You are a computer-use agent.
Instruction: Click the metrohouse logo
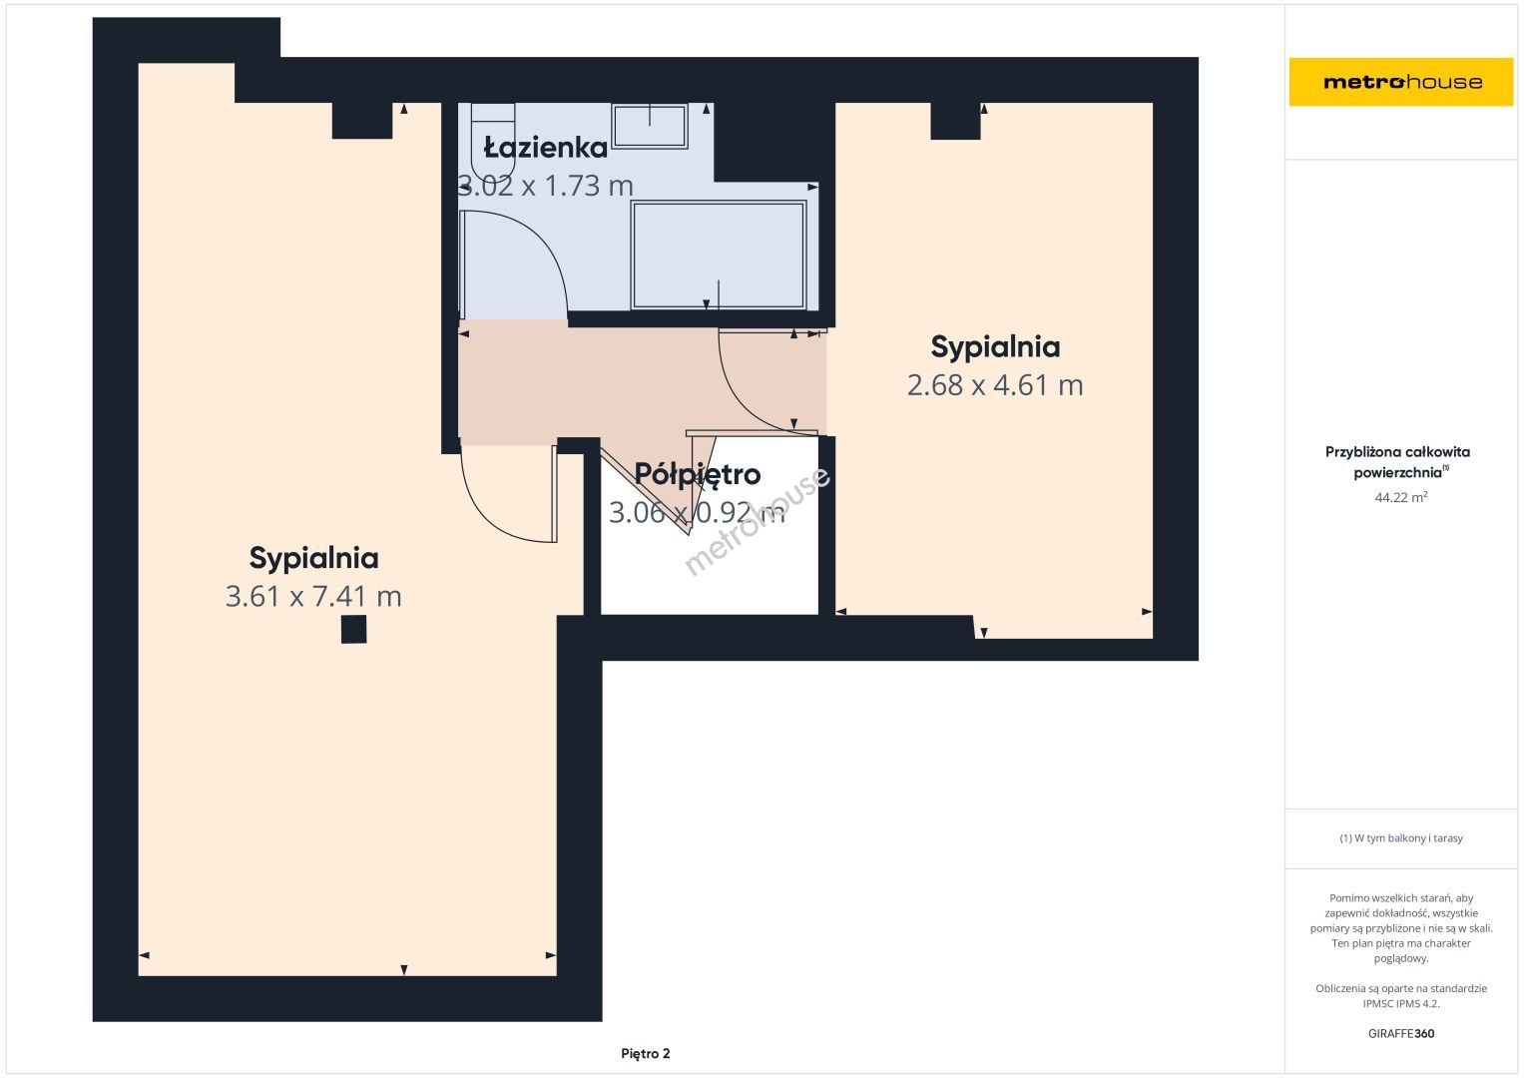tap(1401, 82)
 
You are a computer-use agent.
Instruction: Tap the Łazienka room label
tap(546, 148)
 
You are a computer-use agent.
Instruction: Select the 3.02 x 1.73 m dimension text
tap(546, 186)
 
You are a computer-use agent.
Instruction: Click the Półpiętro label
tap(698, 475)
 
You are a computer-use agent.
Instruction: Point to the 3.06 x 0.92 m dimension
tap(697, 512)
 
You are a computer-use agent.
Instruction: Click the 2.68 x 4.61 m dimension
tap(995, 385)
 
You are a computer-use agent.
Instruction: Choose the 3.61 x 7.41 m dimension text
tap(313, 596)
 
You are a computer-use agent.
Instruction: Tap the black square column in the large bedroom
tap(353, 630)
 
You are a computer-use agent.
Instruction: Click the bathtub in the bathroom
tap(719, 255)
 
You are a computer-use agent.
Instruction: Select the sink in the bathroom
tap(650, 126)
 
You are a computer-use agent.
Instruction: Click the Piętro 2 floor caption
tap(645, 1053)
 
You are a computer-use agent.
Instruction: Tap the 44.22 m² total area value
tap(1401, 497)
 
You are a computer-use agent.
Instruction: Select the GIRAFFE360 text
tap(1401, 1033)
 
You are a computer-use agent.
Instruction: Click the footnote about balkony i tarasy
tap(1401, 838)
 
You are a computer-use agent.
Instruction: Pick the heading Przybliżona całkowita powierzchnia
tap(1397, 461)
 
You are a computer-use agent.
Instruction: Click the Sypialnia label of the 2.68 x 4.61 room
tap(995, 347)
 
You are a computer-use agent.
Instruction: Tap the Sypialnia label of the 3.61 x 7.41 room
tap(313, 558)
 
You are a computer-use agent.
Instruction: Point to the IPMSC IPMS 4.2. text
tap(1401, 1004)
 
